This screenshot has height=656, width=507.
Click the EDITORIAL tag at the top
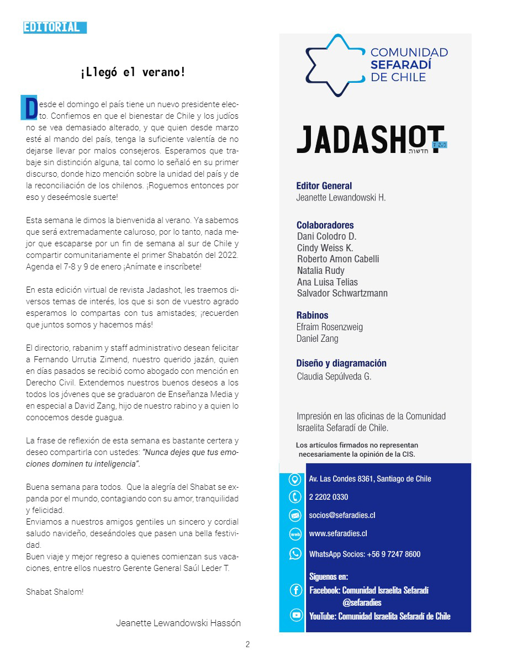click(x=55, y=27)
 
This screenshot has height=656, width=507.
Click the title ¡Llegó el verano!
click(x=133, y=72)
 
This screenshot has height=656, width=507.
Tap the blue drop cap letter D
click(x=29, y=108)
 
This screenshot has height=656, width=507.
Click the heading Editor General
click(x=324, y=186)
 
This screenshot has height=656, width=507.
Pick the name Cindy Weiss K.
click(x=325, y=247)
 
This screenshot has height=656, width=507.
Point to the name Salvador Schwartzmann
click(x=342, y=293)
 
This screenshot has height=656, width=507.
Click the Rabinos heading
click(x=312, y=315)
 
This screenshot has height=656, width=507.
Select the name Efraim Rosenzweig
click(x=330, y=327)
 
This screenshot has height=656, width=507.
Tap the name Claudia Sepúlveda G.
click(x=334, y=377)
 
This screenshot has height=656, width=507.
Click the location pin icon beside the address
click(x=295, y=479)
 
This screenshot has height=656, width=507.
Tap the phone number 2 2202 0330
click(x=329, y=497)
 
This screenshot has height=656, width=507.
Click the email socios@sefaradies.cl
click(x=342, y=515)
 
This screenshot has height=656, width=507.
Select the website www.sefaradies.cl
click(x=338, y=533)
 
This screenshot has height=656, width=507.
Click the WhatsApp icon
click(x=295, y=554)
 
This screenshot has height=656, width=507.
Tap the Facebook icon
click(x=296, y=590)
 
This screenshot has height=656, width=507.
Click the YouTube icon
click(x=296, y=615)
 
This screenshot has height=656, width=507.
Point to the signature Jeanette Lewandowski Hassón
click(x=178, y=623)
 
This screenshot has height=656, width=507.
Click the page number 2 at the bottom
click(x=248, y=644)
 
